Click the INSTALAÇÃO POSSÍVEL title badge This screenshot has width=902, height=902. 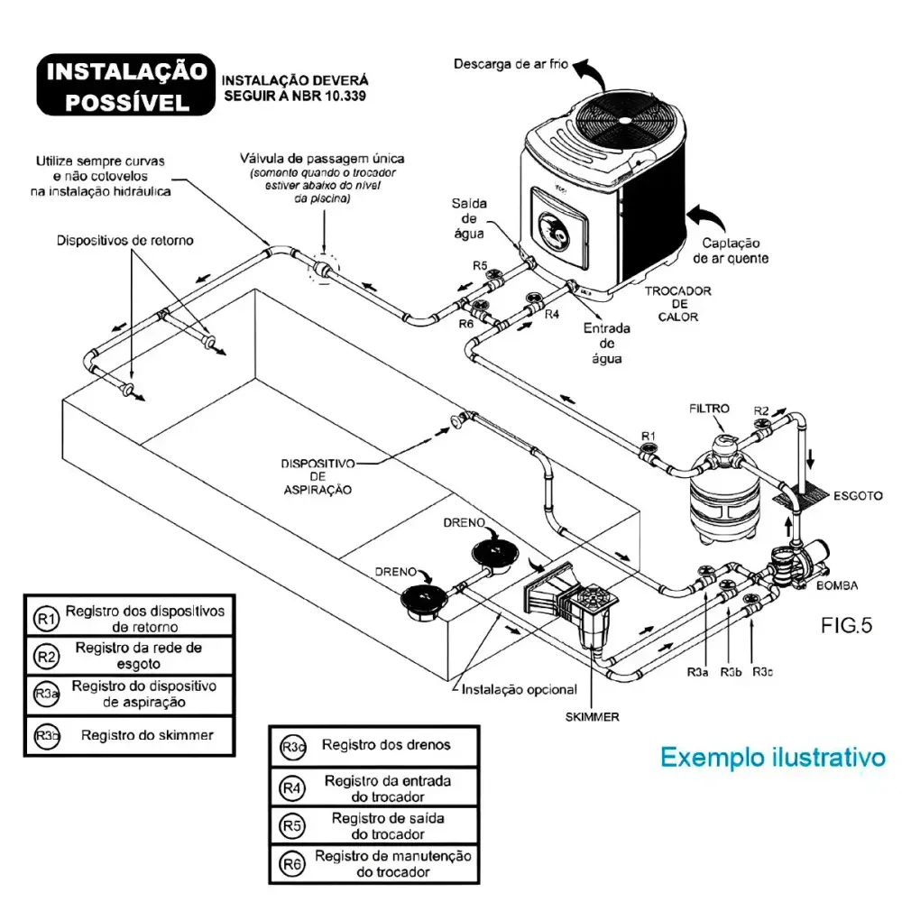pos(126,85)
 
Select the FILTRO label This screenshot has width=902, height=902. pos(709,409)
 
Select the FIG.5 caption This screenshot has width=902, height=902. pos(846,625)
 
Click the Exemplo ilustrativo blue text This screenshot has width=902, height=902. pos(773,757)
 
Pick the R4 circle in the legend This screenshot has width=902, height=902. pos(292,787)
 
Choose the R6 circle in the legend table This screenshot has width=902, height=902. pos(292,863)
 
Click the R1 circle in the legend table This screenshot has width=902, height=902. pos(46,619)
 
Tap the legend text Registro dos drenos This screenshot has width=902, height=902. pos(386,745)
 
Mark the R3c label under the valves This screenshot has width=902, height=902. pos(762,672)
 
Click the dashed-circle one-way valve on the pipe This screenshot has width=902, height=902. pos(323,269)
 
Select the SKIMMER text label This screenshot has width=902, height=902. pos(592,717)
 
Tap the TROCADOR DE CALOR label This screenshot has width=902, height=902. pos(677,304)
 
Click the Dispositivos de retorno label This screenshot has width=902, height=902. pos(124,241)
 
